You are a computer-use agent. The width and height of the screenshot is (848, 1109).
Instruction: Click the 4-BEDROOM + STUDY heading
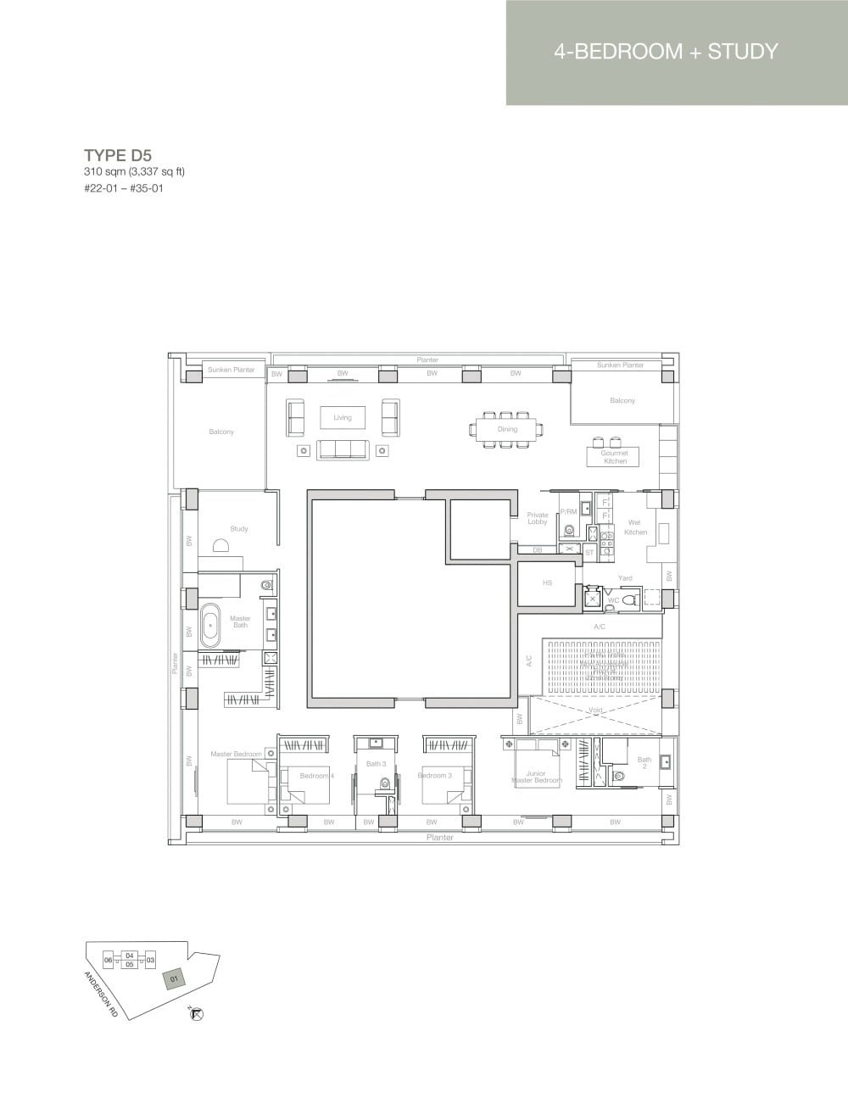tap(666, 52)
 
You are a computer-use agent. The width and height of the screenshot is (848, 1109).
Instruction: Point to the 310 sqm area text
tap(134, 172)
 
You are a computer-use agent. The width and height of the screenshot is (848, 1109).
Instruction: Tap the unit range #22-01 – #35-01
tap(123, 188)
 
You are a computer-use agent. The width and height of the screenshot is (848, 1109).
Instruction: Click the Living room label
tap(342, 417)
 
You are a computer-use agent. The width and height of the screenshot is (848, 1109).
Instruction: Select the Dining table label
tap(507, 429)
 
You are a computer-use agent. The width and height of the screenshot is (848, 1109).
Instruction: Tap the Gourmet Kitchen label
tap(615, 457)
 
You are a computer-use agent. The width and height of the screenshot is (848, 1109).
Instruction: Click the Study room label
tap(239, 529)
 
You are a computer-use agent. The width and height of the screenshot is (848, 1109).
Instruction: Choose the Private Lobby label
tap(538, 518)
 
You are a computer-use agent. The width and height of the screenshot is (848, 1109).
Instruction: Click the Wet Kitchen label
tap(635, 527)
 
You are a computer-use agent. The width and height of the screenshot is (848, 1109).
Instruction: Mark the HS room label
tap(547, 583)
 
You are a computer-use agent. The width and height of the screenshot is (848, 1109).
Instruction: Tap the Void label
tap(595, 711)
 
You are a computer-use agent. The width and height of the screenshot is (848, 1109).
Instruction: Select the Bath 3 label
tap(376, 764)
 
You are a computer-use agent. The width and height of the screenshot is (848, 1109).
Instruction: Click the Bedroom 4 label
tap(316, 776)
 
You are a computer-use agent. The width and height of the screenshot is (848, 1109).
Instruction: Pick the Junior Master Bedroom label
tap(536, 777)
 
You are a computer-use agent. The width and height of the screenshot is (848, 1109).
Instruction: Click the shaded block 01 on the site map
tap(174, 979)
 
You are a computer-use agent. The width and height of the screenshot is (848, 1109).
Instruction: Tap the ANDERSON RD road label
tap(99, 994)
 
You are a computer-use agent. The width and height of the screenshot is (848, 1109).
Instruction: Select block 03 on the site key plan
tap(150, 961)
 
